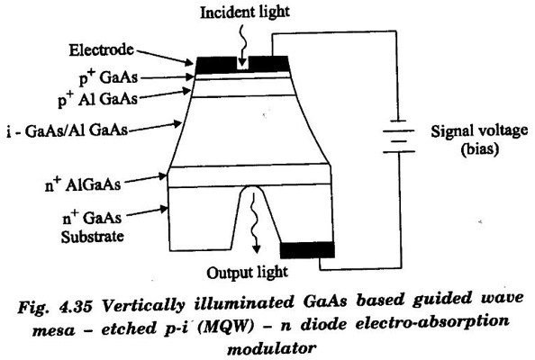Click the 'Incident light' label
click(245, 13)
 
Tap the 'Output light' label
click(247, 273)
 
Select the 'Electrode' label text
click(102, 49)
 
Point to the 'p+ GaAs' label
click(108, 76)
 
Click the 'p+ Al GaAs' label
click(97, 99)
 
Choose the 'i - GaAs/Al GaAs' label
click(68, 130)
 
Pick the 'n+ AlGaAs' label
click(83, 184)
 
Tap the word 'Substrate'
click(92, 237)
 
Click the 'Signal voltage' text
click(479, 131)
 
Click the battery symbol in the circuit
click(398, 136)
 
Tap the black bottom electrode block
click(307, 250)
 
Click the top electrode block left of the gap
click(216, 65)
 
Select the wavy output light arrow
click(254, 223)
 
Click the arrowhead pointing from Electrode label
click(189, 63)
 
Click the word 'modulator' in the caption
click(271, 348)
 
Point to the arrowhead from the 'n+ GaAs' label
click(164, 209)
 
